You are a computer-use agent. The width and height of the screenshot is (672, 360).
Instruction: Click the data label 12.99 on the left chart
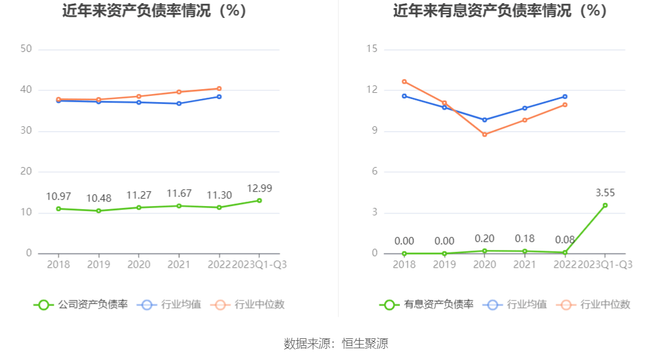pyautogui.click(x=259, y=189)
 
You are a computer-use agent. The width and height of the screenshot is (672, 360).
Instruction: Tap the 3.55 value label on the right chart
pyautogui.click(x=605, y=193)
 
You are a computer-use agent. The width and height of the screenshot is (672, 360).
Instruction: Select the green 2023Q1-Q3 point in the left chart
pyautogui.click(x=259, y=200)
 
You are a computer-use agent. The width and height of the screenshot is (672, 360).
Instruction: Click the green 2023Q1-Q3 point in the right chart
pyautogui.click(x=605, y=205)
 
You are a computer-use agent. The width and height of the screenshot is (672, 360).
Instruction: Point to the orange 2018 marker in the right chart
pyautogui.click(x=404, y=82)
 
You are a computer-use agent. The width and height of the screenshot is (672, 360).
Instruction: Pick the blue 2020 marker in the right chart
pyautogui.click(x=485, y=120)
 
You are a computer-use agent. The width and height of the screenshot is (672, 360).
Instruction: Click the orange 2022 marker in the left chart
pyautogui.click(x=219, y=88)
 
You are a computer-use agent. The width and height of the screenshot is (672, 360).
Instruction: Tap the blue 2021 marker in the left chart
pyautogui.click(x=179, y=103)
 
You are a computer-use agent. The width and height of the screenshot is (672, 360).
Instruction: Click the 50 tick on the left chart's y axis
pyautogui.click(x=26, y=49)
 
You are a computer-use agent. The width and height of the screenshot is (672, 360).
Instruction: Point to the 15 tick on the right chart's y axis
pyautogui.click(x=372, y=49)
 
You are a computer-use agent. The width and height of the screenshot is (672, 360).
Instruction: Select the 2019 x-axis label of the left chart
pyautogui.click(x=98, y=265)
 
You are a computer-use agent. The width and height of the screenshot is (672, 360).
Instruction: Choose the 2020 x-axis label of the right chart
pyautogui.click(x=485, y=265)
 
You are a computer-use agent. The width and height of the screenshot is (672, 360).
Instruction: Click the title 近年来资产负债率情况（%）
pyautogui.click(x=155, y=11)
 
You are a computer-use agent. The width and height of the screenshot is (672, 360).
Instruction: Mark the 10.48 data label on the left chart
pyautogui.click(x=98, y=199)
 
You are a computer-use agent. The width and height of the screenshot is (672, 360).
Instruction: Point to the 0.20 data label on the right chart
pyautogui.click(x=485, y=239)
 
